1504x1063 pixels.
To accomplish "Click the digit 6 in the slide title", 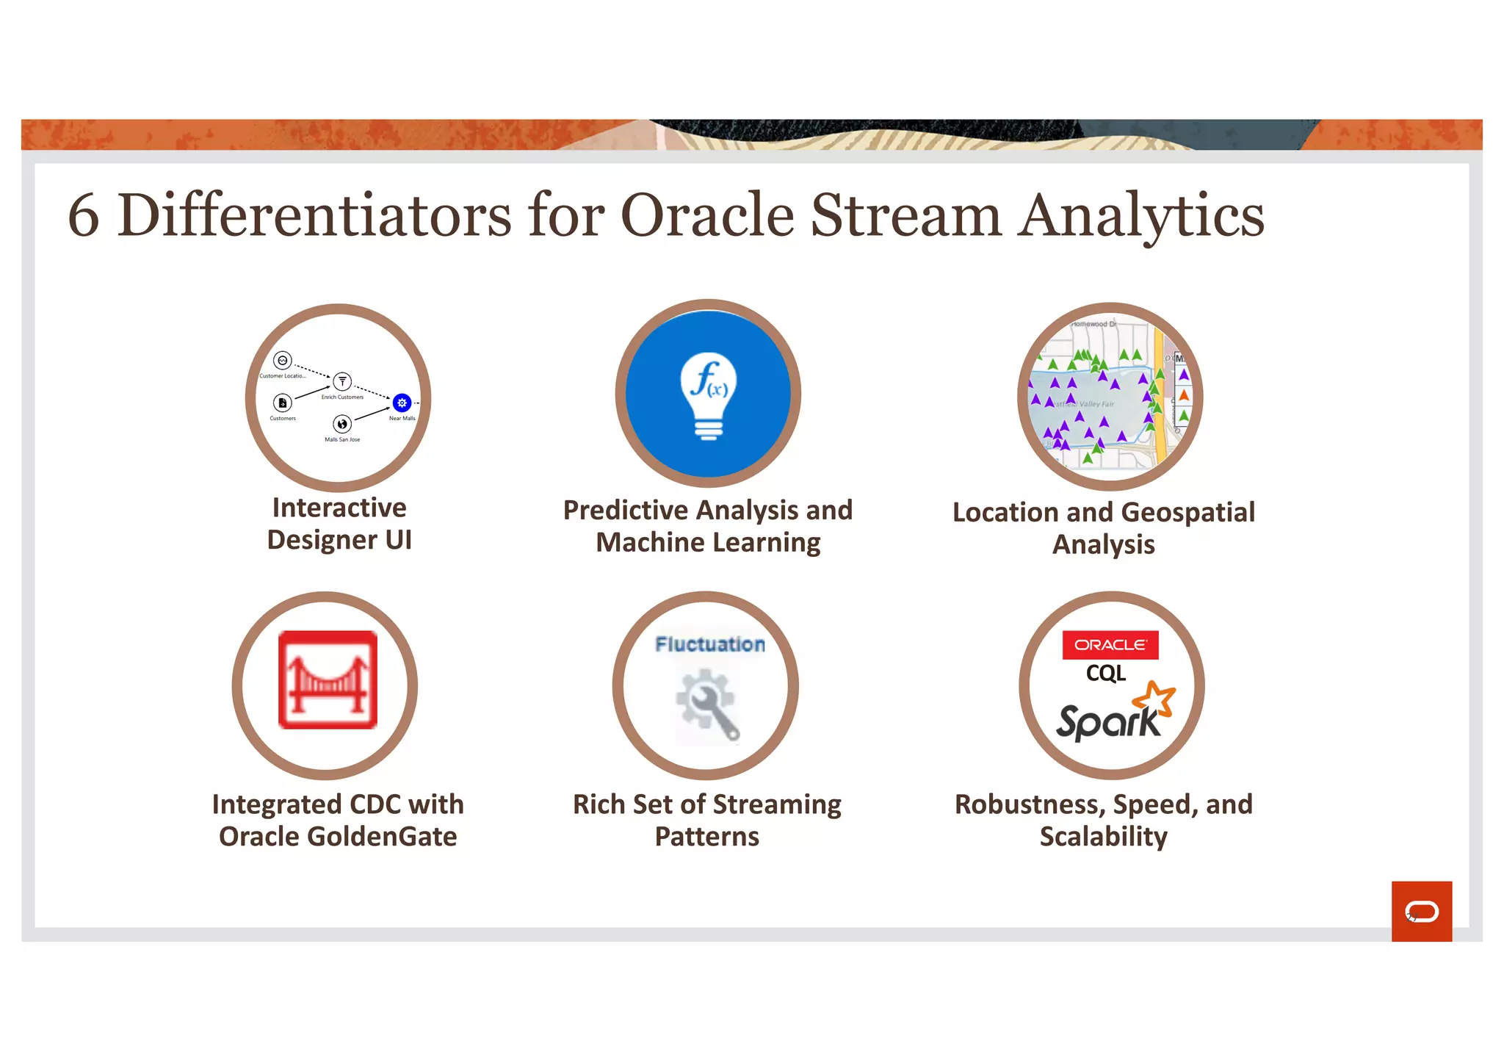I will (x=84, y=216).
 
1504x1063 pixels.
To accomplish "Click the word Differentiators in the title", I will (x=314, y=215).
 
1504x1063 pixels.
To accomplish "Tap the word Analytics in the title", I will (x=1140, y=216).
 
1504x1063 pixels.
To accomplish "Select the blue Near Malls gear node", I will (x=402, y=403).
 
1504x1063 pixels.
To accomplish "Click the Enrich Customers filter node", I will (x=342, y=381).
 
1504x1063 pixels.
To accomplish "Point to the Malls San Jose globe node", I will (x=342, y=424).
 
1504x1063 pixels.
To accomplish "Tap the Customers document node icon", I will (x=283, y=403).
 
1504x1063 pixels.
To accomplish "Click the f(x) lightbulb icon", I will (x=708, y=397).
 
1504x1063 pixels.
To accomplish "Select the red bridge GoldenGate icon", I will (x=328, y=680).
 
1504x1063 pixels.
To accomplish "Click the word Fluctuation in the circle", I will (x=709, y=644).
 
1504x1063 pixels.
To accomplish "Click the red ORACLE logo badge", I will (x=1110, y=645).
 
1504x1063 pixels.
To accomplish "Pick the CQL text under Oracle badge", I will (x=1105, y=673).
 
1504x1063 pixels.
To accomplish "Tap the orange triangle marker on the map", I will (x=1184, y=396).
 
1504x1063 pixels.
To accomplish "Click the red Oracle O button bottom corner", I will (x=1421, y=911).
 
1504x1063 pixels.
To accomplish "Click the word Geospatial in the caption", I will (x=1188, y=513).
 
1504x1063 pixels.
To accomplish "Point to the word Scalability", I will (x=1103, y=837).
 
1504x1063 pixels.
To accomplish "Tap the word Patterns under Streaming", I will (x=706, y=837).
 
